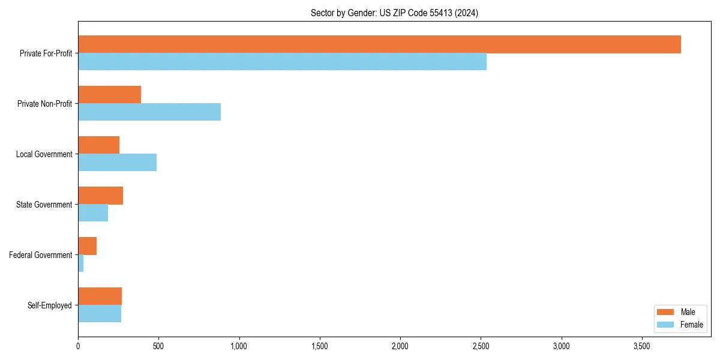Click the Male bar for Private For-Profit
pos(379,44)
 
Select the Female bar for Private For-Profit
pos(282,62)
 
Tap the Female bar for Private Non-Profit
pos(149,112)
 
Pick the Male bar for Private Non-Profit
pos(109,95)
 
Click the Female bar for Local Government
pos(117,163)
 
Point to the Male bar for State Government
pos(100,196)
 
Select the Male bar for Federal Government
pos(87,246)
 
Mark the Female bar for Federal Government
pos(80,263)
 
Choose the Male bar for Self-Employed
pos(100,296)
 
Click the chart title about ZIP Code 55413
pos(394,13)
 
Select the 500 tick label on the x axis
pos(158,346)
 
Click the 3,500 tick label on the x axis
pos(641,346)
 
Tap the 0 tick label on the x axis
pos(78,346)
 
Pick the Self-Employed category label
pos(50,305)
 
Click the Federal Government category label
pos(41,255)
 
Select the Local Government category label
pos(44,154)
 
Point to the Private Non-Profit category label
pos(44,104)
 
